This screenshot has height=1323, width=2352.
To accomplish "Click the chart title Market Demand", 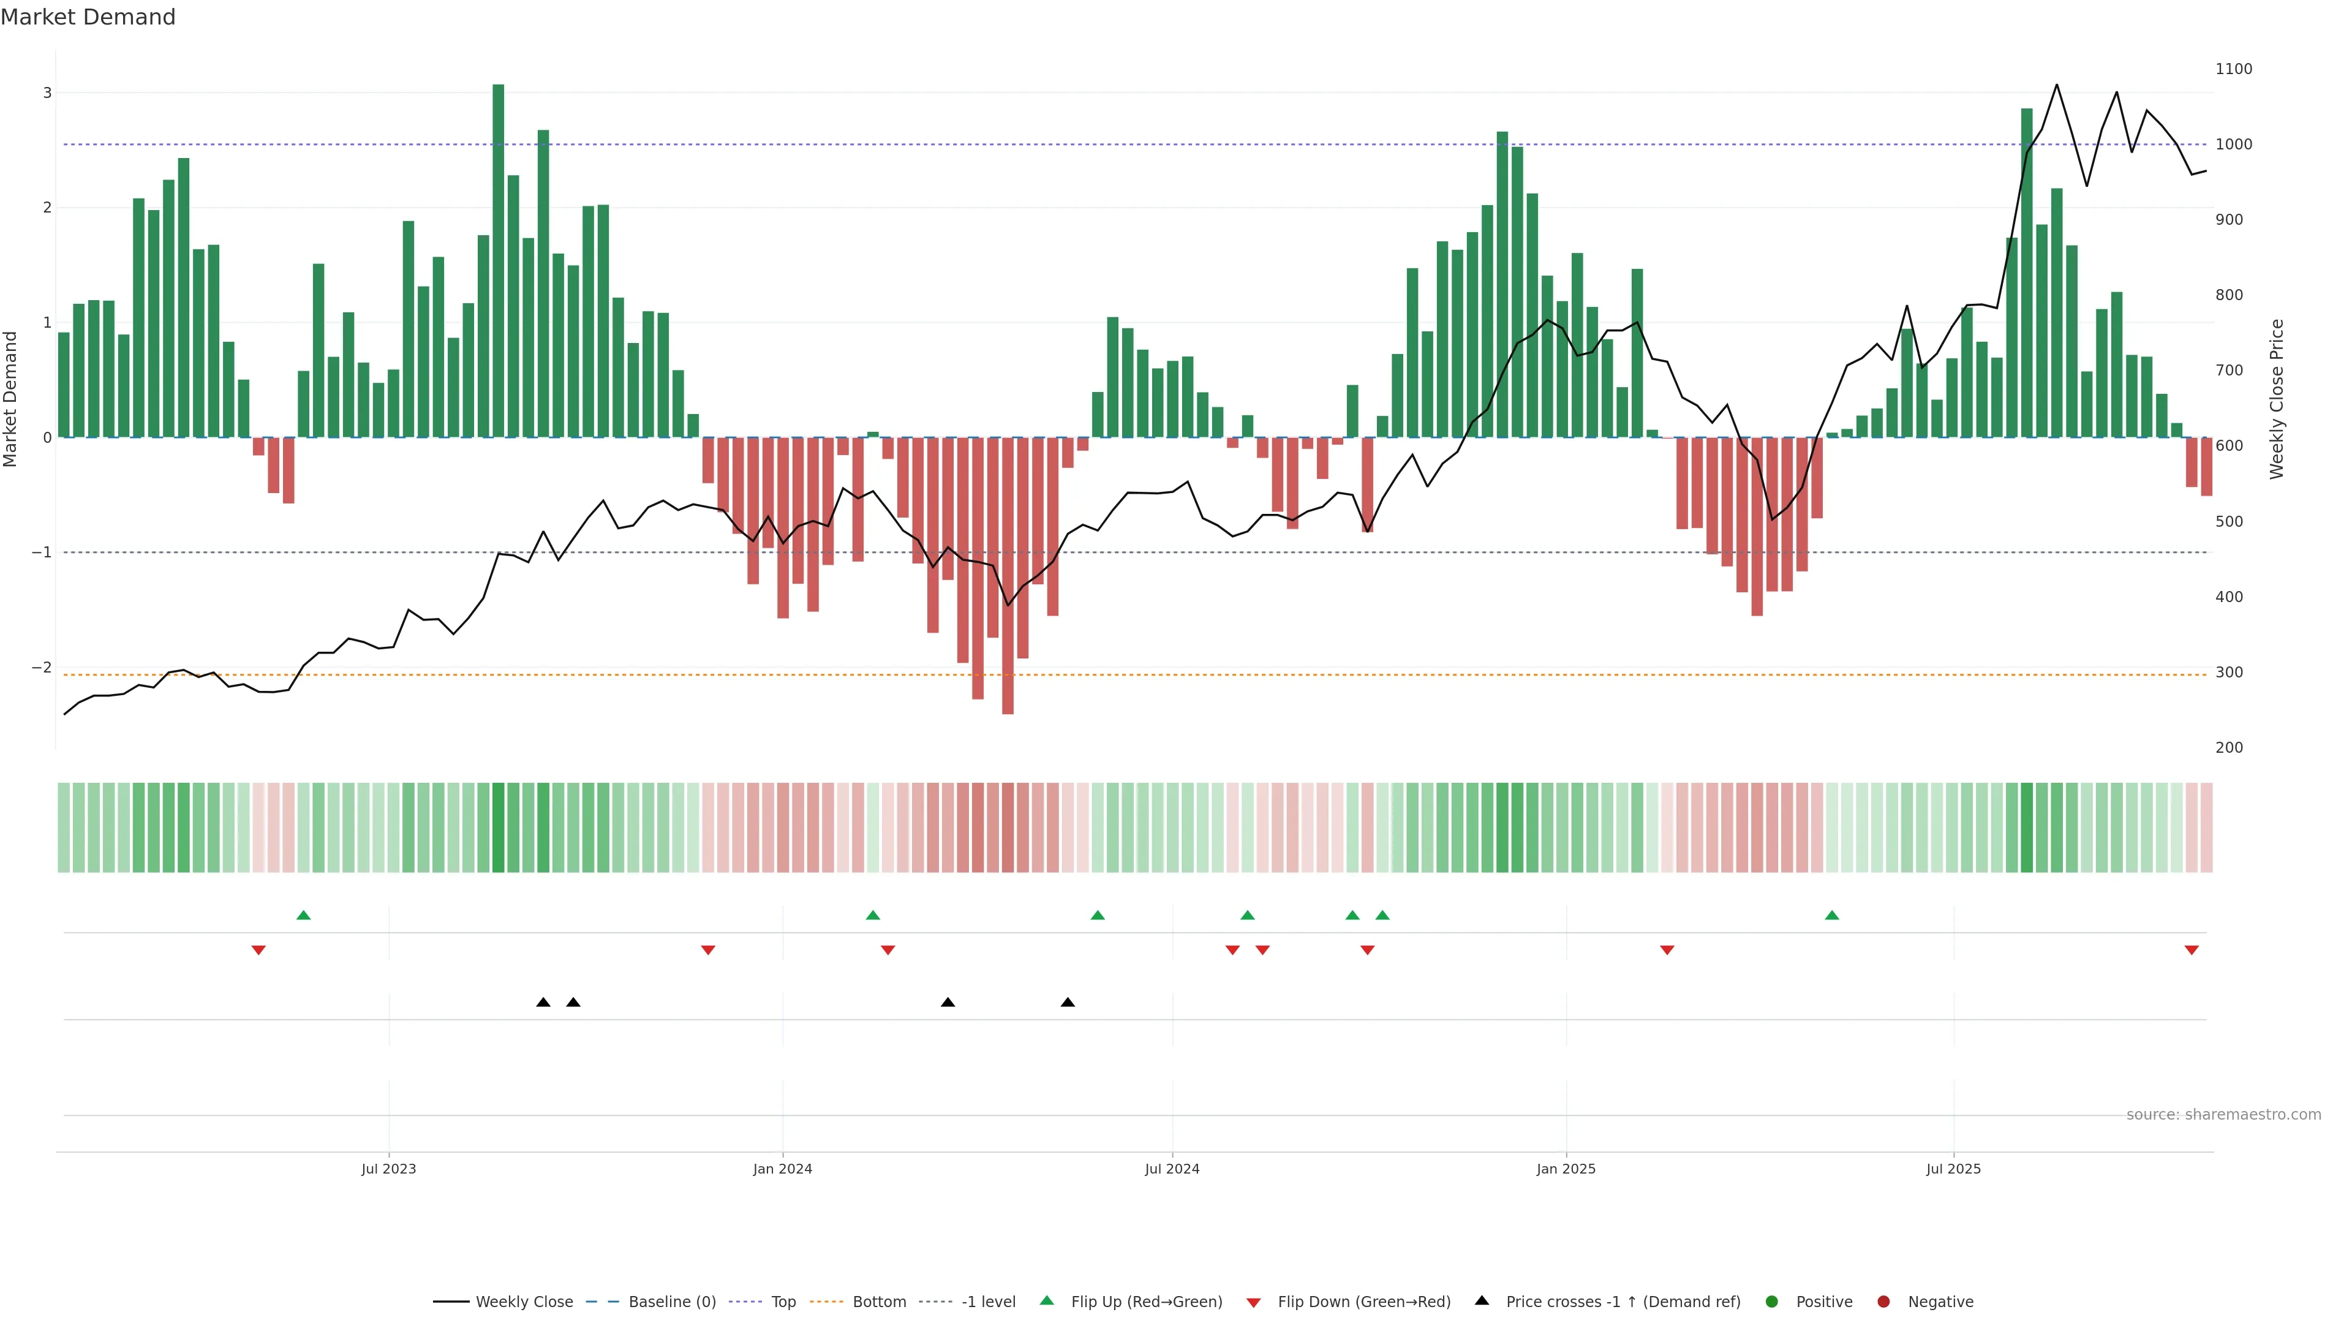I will pos(88,17).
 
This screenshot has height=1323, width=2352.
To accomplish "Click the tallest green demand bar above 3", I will pos(497,260).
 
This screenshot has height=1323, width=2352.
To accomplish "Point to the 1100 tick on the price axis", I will pos(2233,69).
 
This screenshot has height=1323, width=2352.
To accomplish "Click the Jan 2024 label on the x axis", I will pos(783,1169).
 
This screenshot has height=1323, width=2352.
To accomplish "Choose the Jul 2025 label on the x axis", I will pos(1953,1169).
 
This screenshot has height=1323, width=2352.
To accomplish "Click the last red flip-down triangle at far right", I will pos(2192,951).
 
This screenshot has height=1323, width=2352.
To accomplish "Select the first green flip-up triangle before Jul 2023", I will pos(304,915).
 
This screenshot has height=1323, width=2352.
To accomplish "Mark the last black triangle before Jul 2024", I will pos(1068,1003).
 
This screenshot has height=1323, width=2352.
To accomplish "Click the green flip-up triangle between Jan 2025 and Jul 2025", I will pos(1831,915).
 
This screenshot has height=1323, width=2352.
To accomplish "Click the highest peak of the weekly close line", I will pos(2056,85).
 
